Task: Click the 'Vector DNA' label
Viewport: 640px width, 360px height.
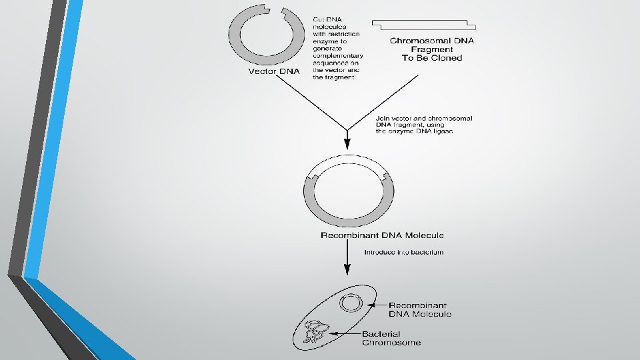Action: [x=275, y=71]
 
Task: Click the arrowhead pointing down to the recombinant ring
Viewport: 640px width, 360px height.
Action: [x=347, y=145]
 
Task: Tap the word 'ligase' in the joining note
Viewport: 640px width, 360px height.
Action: [x=441, y=131]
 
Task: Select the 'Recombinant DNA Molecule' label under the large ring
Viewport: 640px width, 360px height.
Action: [x=382, y=235]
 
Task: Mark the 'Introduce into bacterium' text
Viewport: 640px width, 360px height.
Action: [x=403, y=253]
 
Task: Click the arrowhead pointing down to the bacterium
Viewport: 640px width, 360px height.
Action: [x=347, y=270]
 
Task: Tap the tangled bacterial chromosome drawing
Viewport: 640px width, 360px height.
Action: [x=315, y=331]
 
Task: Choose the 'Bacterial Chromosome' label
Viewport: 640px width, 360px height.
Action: [x=391, y=338]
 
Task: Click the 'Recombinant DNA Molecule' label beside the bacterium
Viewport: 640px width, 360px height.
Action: [x=419, y=309]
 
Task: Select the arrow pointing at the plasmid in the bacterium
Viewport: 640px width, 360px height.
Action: [x=375, y=305]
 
